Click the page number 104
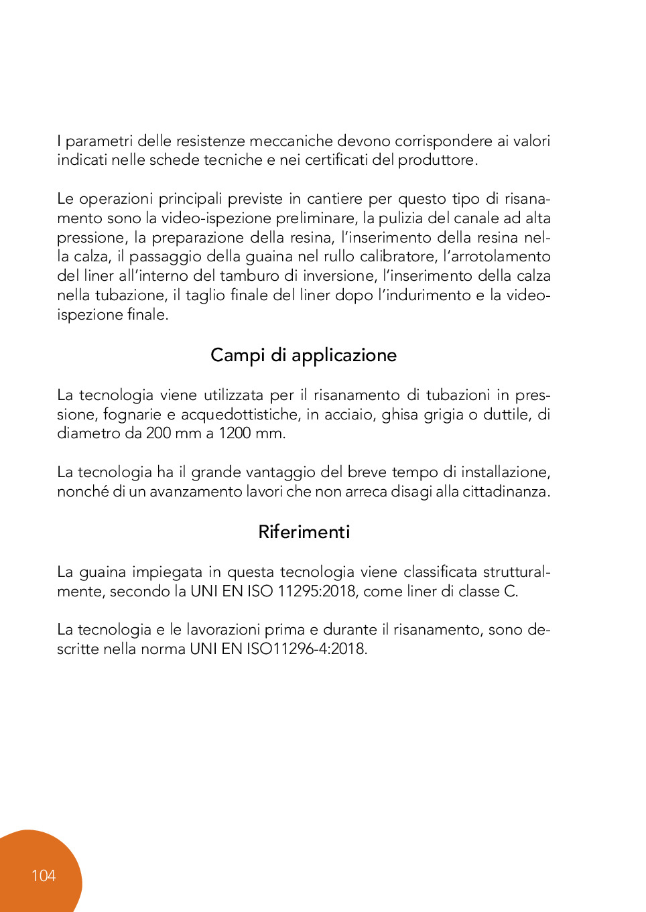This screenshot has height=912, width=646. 43,875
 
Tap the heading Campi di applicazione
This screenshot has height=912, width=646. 304,355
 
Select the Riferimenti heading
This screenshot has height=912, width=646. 304,532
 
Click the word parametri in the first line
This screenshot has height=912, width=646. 99,141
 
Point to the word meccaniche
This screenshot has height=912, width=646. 291,141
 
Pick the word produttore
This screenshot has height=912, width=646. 437,160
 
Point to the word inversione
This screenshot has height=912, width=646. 339,276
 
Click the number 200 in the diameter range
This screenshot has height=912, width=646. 158,434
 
